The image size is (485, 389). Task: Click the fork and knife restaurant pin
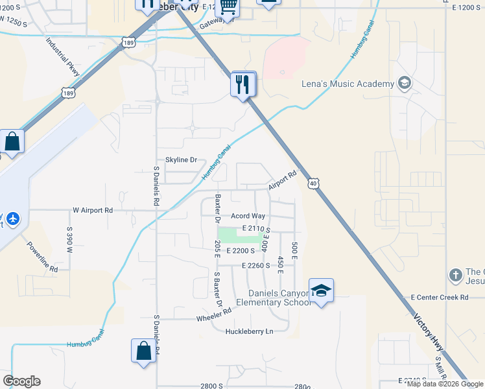pos(244,84)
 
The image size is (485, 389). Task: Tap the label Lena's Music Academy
pos(348,84)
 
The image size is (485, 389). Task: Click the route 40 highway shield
pos(313,184)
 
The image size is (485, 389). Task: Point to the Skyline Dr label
pos(181,159)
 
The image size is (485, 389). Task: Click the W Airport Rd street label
pos(93,210)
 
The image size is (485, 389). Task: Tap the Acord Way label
pos(249,216)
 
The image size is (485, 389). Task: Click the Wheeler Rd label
pos(214,315)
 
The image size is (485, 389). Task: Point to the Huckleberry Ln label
pos(250,331)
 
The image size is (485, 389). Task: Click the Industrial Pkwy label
pos(63,56)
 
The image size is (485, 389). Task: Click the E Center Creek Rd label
pos(444,298)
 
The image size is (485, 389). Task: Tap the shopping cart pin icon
pos(228,6)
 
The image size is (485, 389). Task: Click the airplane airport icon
pos(12,218)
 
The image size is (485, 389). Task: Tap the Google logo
pos(21,381)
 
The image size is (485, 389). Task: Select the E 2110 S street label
pos(255,229)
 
